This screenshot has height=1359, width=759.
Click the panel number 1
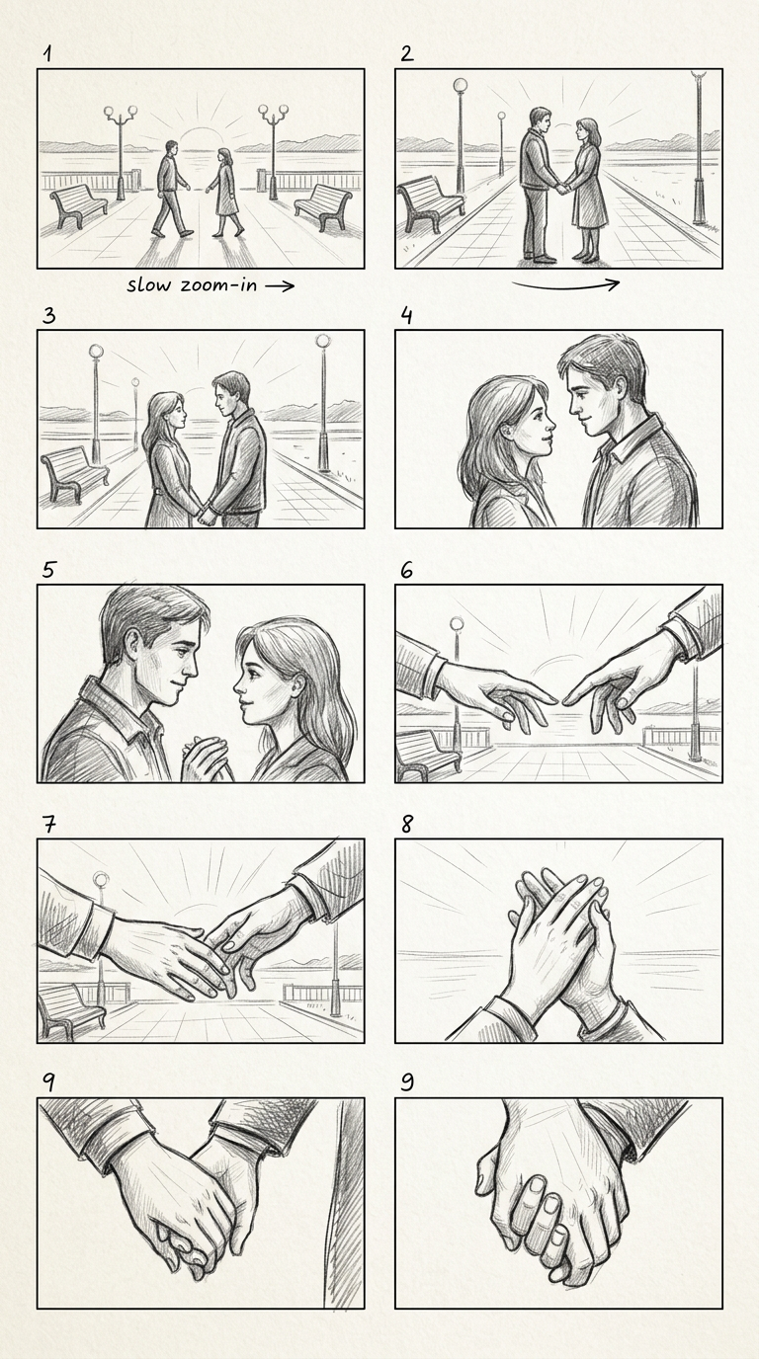(x=47, y=54)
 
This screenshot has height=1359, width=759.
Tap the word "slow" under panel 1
(x=149, y=284)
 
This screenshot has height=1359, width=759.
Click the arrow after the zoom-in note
(x=280, y=285)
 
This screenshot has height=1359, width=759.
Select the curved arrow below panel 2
(x=565, y=283)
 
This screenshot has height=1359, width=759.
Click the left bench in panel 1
(x=78, y=205)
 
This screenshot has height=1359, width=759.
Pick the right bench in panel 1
(x=323, y=207)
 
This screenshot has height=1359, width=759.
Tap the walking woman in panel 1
(x=224, y=192)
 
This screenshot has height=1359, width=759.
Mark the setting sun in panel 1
(x=200, y=137)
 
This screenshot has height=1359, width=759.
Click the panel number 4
(x=406, y=316)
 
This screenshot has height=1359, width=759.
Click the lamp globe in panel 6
(x=457, y=623)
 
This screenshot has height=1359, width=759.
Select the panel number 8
(x=407, y=824)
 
